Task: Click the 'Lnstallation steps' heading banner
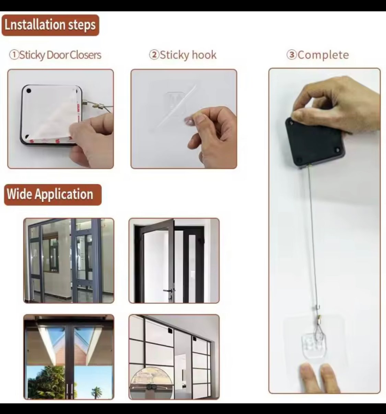click(50, 25)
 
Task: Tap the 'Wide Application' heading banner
click(53, 195)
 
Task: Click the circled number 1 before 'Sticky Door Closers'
click(14, 55)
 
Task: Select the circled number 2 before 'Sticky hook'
click(154, 55)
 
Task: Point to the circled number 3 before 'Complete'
click(292, 55)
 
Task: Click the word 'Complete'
click(323, 55)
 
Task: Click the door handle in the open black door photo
click(169, 290)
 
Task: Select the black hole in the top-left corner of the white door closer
click(28, 91)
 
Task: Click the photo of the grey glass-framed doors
click(69, 261)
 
